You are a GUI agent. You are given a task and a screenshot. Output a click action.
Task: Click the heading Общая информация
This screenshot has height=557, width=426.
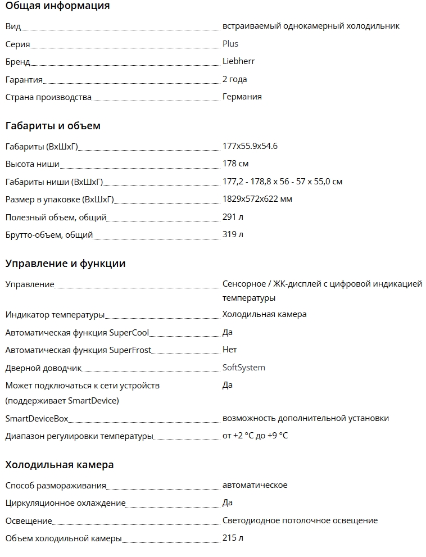(x=57, y=6)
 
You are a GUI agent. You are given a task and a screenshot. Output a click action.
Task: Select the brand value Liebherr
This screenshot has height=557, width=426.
(x=238, y=61)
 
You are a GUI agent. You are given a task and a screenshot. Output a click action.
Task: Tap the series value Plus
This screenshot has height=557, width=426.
(x=230, y=44)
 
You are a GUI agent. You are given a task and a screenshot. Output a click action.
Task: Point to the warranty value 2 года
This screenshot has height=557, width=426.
(x=234, y=79)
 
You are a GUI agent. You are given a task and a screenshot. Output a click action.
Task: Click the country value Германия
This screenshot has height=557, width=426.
(x=242, y=97)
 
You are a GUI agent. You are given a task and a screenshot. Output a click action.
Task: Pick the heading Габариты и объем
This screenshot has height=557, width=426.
(x=53, y=126)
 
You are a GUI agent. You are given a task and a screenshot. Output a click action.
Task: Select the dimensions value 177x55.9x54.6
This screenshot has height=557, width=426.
(x=250, y=147)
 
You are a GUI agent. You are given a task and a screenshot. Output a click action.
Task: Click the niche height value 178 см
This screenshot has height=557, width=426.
(x=235, y=164)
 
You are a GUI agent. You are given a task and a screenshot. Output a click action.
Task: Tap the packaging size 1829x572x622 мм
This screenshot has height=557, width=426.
(x=257, y=199)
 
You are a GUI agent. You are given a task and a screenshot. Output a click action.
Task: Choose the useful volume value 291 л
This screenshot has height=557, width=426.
(x=233, y=217)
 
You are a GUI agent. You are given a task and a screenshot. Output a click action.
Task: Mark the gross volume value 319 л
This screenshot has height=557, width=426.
(x=233, y=234)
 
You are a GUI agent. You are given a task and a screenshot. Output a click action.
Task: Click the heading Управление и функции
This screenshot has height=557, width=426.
(x=65, y=264)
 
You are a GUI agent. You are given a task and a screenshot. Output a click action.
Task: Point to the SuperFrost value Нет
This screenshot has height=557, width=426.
(x=230, y=350)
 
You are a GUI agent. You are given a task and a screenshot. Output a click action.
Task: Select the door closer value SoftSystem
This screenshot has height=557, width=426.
(x=244, y=368)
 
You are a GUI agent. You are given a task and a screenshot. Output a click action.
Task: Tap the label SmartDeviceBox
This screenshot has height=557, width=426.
(x=37, y=419)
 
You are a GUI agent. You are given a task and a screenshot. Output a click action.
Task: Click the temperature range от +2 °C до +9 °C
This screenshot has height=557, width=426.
(x=255, y=436)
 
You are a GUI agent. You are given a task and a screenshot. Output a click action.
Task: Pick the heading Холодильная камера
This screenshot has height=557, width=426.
(x=60, y=465)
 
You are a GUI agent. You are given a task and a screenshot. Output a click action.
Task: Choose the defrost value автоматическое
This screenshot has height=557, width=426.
(x=255, y=486)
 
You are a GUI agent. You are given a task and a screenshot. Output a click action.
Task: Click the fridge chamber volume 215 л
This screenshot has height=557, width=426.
(x=233, y=538)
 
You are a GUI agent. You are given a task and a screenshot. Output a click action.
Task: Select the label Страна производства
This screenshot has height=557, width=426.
(x=48, y=97)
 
